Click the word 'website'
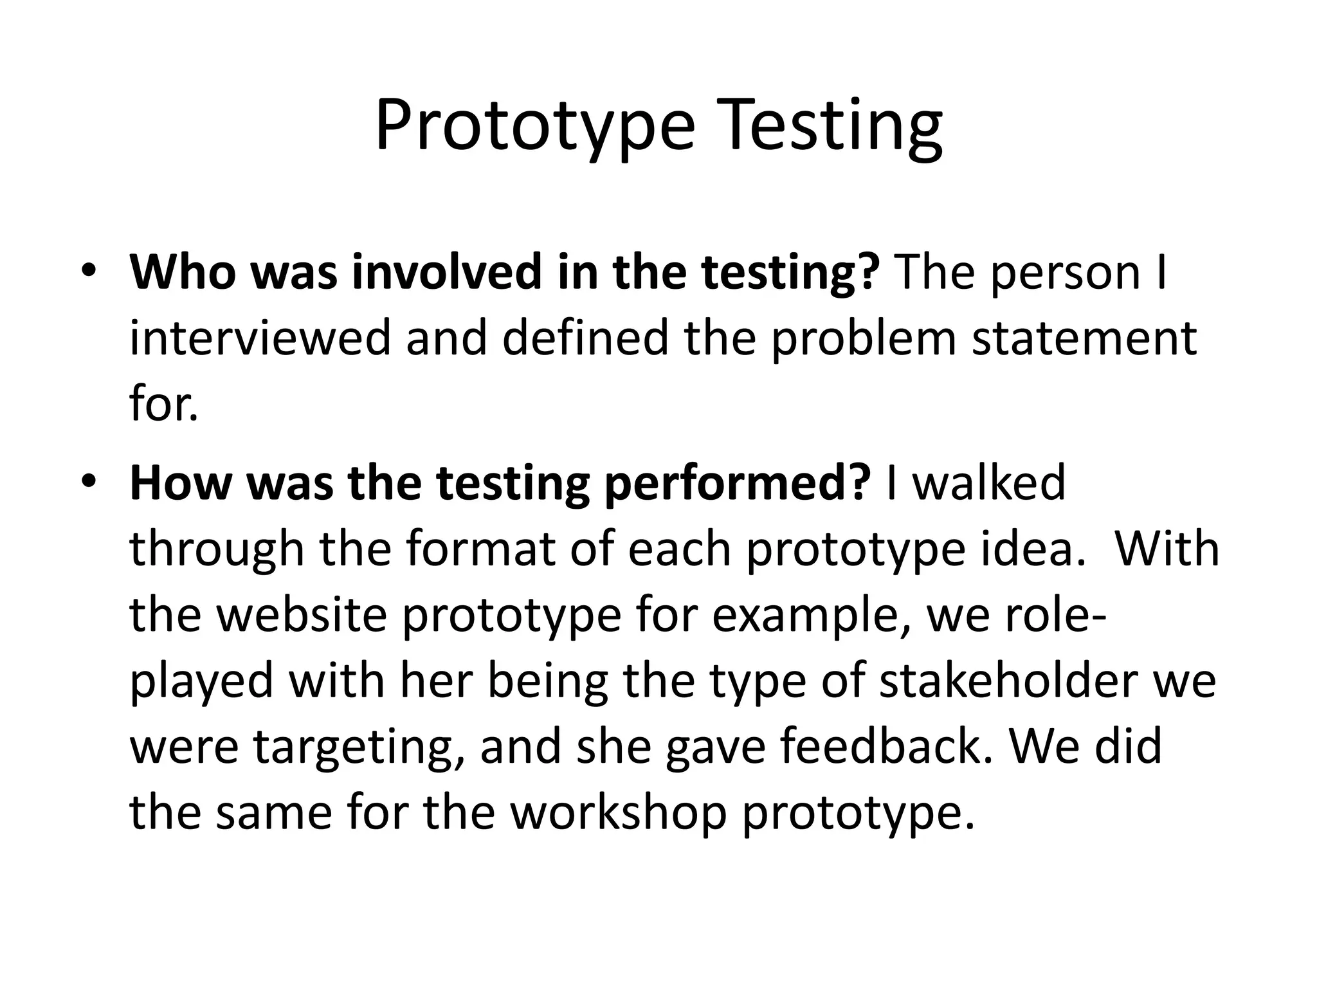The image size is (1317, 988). (x=302, y=614)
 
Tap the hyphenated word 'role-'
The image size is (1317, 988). (x=1055, y=614)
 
